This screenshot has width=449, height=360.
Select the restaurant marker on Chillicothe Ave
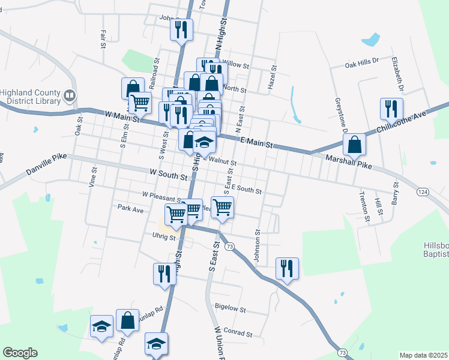coord(391,109)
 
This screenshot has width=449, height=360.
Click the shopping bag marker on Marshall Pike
coord(355,144)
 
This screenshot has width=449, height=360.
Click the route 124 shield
coord(423,191)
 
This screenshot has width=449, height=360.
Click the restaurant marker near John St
coord(181,29)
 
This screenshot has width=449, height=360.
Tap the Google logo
coord(20,353)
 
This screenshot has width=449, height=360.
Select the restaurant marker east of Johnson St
coord(287,268)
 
